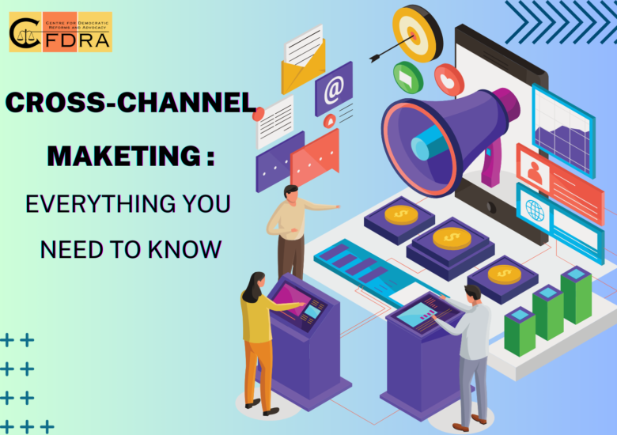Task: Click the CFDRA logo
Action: [60, 32]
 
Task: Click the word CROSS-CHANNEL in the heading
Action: [131, 104]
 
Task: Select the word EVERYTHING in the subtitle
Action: [89, 204]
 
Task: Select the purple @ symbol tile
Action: [333, 89]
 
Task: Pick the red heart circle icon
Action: [449, 79]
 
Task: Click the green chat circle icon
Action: [408, 77]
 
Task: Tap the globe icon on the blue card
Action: [536, 210]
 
